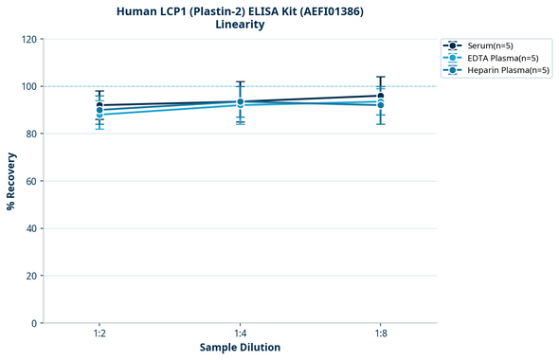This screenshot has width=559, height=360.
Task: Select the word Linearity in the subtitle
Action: pyautogui.click(x=240, y=25)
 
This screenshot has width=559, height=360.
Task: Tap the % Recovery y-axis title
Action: pyautogui.click(x=11, y=180)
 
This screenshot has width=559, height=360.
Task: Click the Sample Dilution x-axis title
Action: pyautogui.click(x=240, y=348)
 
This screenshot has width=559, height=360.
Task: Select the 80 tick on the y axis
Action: pyautogui.click(x=31, y=134)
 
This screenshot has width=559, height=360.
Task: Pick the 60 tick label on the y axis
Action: pyautogui.click(x=31, y=181)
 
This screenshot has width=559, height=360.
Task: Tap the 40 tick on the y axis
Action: pyautogui.click(x=31, y=228)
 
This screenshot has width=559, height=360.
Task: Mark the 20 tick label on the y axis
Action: pyautogui.click(x=31, y=276)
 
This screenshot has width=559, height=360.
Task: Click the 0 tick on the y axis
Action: pyautogui.click(x=34, y=323)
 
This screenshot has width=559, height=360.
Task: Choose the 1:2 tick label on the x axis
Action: pyautogui.click(x=99, y=333)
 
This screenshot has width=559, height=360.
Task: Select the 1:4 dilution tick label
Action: pyautogui.click(x=241, y=333)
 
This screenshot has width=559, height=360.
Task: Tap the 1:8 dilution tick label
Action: pyautogui.click(x=381, y=333)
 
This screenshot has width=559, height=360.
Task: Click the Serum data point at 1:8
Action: pyautogui.click(x=381, y=96)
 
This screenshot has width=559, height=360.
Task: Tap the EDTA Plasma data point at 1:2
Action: pyautogui.click(x=99, y=115)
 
